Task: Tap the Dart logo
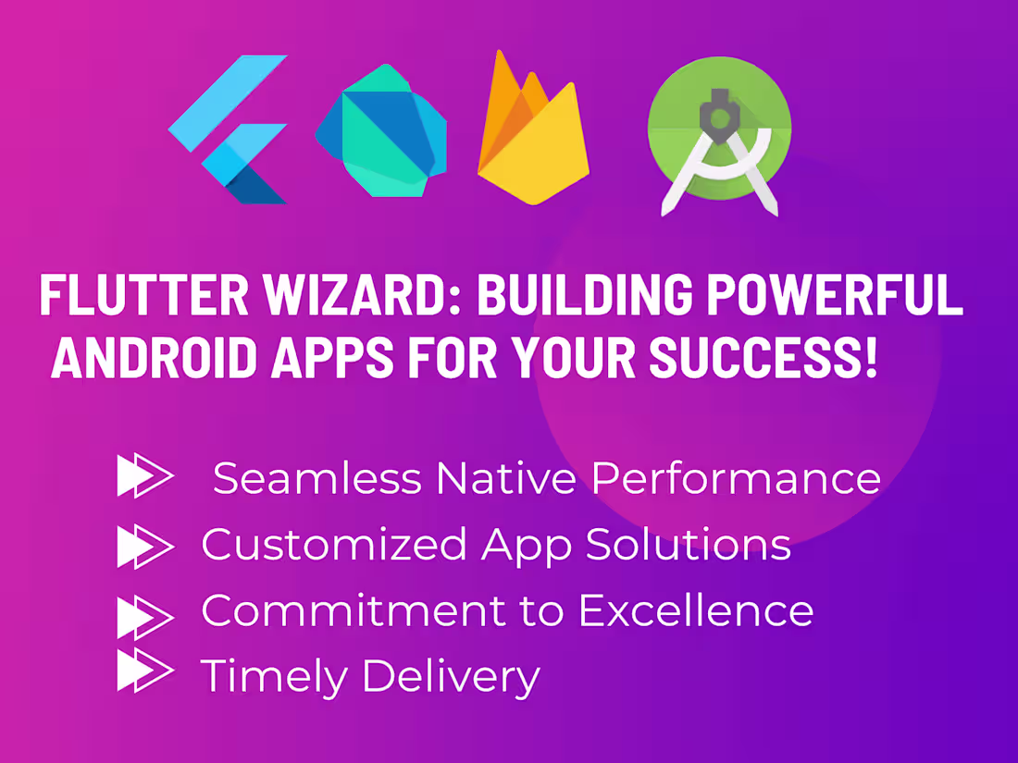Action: click(380, 129)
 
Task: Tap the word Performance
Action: click(737, 479)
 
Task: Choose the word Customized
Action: click(334, 546)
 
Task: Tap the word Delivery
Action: click(451, 676)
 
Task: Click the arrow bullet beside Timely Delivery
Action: click(144, 671)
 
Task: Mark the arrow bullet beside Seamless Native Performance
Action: click(144, 476)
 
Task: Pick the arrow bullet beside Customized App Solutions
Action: click(144, 546)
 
